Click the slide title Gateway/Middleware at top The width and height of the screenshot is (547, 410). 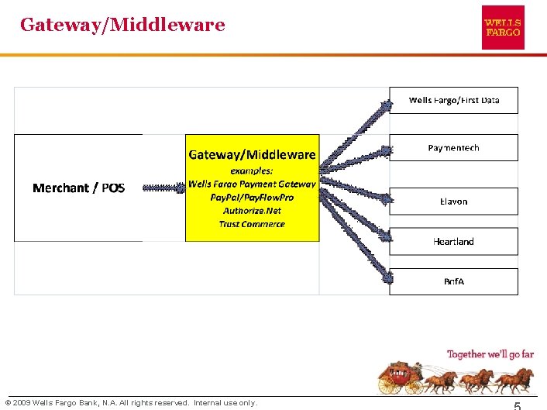click(x=122, y=25)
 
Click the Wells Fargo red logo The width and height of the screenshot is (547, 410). click(x=503, y=27)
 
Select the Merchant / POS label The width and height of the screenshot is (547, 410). click(x=78, y=188)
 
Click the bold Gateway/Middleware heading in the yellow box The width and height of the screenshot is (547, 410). click(x=252, y=154)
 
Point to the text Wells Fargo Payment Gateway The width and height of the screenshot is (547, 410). click(x=252, y=184)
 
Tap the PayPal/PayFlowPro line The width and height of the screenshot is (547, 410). click(x=252, y=197)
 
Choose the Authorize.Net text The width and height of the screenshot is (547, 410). click(x=252, y=210)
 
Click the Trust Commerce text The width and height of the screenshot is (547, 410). click(x=252, y=224)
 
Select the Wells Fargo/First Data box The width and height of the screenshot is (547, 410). click(x=453, y=101)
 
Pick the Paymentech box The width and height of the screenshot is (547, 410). click(x=453, y=147)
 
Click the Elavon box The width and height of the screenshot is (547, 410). click(x=453, y=202)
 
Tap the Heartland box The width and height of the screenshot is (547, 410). click(x=453, y=242)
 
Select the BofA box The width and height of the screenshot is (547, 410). click(x=453, y=281)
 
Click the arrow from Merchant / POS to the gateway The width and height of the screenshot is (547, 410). click(x=164, y=188)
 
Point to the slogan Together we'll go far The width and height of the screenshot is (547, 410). click(x=490, y=354)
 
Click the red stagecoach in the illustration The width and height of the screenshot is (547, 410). click(x=399, y=378)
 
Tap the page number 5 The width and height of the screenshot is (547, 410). click(x=518, y=405)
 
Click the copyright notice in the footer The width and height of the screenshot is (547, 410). click(x=131, y=402)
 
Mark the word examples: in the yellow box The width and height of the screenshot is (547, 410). click(x=252, y=171)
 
